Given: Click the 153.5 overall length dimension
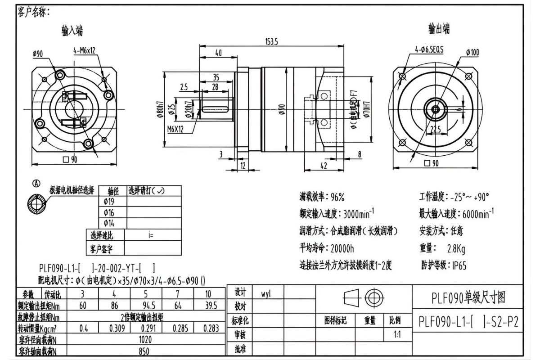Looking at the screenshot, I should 272,41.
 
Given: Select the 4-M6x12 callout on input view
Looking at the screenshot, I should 84,50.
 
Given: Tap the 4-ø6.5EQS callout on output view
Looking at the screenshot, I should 429,49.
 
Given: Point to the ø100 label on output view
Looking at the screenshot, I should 472,52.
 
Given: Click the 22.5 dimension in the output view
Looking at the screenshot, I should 435,130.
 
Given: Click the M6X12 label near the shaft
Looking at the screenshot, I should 175,129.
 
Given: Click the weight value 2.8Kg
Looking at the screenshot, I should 456,248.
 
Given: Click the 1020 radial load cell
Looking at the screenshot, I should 145,339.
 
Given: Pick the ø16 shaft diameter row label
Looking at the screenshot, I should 109,212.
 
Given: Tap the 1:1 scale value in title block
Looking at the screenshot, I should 397,335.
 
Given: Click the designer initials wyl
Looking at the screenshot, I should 266,293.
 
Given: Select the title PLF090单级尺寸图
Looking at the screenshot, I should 468,297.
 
